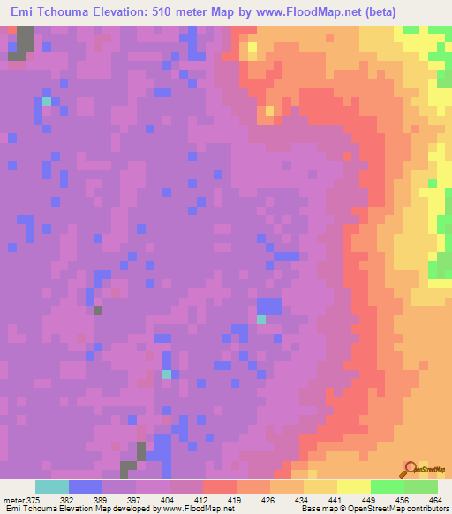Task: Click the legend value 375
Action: tap(34, 499)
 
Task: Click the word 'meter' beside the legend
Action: tap(12, 499)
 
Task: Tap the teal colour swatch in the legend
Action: tap(52, 487)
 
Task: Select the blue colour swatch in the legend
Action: tap(86, 487)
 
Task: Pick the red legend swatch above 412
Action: tap(219, 487)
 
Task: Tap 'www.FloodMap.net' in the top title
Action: tap(296, 11)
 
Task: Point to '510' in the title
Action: tap(166, 11)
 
